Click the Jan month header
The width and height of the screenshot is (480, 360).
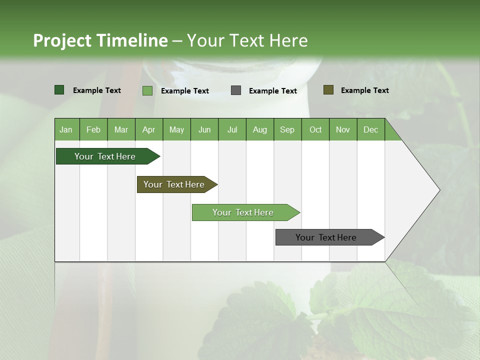tap(66, 129)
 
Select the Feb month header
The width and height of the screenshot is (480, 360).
tap(93, 129)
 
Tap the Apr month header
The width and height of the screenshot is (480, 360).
tap(148, 129)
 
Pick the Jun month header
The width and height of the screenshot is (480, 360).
tap(204, 129)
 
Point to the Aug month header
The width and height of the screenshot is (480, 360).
tap(259, 129)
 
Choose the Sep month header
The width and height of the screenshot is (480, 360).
tap(287, 129)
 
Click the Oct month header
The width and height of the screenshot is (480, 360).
tap(315, 129)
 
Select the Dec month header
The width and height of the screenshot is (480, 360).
tap(370, 129)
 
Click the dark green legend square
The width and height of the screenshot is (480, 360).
tap(59, 90)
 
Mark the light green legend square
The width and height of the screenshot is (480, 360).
tap(147, 90)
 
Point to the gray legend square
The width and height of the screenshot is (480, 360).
tap(236, 90)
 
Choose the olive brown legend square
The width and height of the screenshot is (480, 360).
tap(328, 90)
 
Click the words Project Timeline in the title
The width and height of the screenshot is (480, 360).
tap(100, 40)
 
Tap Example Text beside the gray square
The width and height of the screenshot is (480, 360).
tap(272, 90)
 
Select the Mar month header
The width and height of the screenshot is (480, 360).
tap(121, 129)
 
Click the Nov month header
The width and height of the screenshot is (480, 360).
tap(342, 129)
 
